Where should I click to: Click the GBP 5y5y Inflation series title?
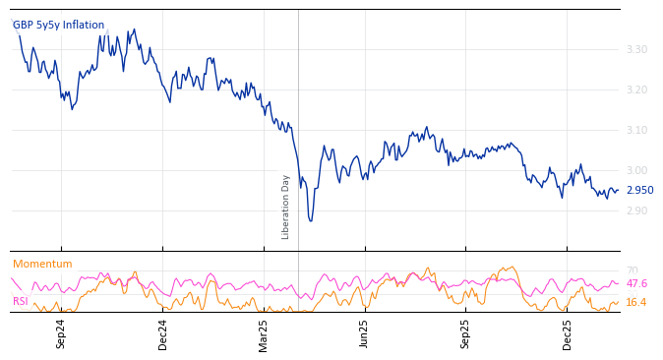pos(58,25)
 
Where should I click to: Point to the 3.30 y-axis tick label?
pos(636,49)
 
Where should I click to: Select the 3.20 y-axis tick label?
pos(636,90)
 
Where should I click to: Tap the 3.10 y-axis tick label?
pos(636,130)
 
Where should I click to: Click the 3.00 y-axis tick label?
pos(636,170)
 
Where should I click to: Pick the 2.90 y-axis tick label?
pos(636,210)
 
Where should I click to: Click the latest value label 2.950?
pos(639,190)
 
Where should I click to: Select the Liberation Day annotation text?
pos(286,207)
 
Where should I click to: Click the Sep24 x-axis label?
pos(61,333)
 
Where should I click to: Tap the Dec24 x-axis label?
pos(163,333)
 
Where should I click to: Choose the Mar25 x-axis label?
pos(264,333)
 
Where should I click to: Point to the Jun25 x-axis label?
pos(365,333)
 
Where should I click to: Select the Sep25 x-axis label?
pos(466,333)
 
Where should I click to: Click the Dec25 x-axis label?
pos(568,333)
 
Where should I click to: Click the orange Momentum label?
pos(42,264)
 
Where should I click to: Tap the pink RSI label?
pos(20,301)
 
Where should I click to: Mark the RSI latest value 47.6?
pos(636,283)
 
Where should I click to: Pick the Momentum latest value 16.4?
pos(636,302)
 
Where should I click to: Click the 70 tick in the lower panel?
pos(632,270)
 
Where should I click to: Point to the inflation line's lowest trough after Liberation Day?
pos(310,220)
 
